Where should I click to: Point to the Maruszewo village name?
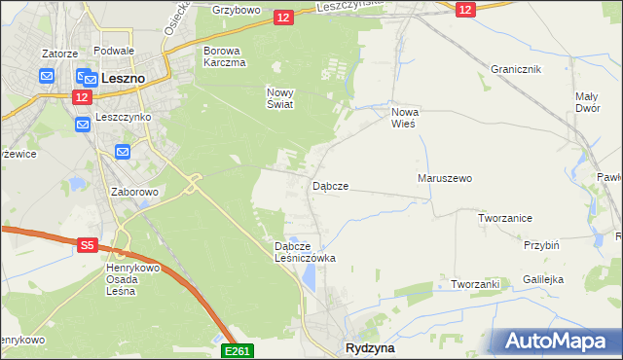click(x=444, y=179)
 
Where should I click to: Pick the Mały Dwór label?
click(x=586, y=102)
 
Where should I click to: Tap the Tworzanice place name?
click(x=504, y=218)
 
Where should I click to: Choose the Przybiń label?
click(x=540, y=246)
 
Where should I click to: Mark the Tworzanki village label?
click(x=475, y=284)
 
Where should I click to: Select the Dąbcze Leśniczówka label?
click(x=305, y=253)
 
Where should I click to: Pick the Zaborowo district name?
click(x=134, y=192)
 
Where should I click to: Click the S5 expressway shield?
click(x=87, y=246)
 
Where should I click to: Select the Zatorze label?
click(x=58, y=54)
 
